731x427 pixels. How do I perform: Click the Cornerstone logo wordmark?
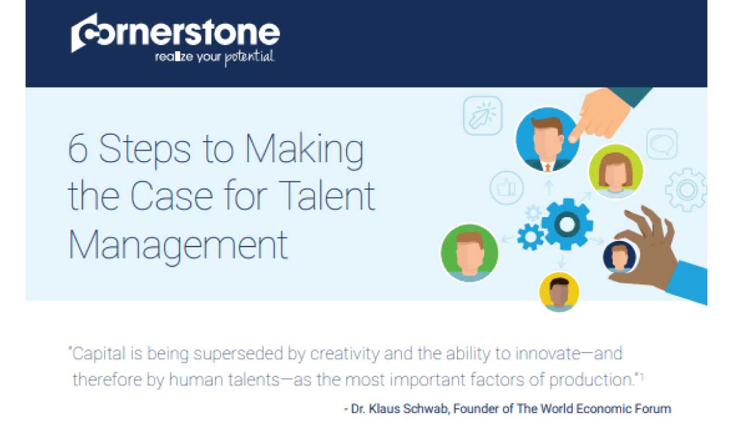(175, 33)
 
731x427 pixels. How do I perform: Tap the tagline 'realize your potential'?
(214, 57)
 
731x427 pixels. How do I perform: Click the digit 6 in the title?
(78, 149)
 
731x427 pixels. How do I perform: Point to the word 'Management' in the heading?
(178, 245)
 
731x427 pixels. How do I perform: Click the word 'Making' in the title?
(304, 150)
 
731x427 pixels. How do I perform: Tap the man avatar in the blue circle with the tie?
(548, 140)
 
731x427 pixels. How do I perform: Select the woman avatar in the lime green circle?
(615, 171)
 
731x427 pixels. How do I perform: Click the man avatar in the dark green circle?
(469, 253)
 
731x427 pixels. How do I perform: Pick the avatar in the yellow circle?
(559, 292)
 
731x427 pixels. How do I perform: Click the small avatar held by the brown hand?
(619, 256)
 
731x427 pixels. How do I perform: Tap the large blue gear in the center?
(567, 224)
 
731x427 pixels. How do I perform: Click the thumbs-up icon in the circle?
(506, 188)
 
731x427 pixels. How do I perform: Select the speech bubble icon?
(662, 144)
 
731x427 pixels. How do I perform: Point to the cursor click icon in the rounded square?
(482, 116)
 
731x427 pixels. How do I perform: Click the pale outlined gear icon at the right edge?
(686, 190)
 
